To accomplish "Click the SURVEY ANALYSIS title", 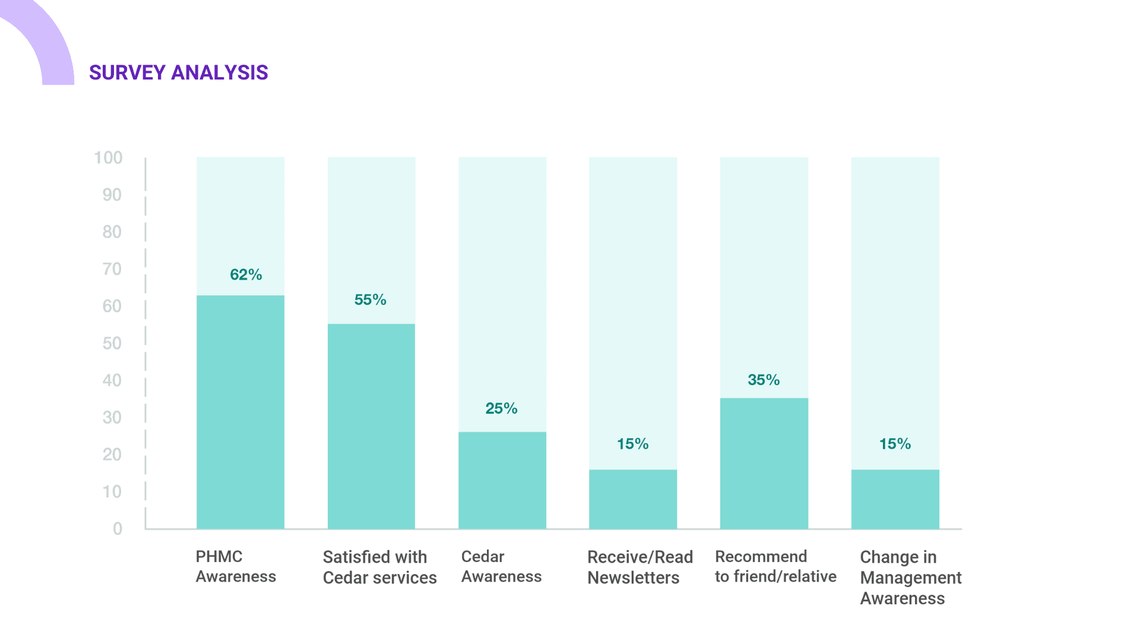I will (x=178, y=72).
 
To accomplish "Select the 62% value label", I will (x=246, y=275).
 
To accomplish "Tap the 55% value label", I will (x=370, y=300).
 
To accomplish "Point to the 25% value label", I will (x=501, y=408).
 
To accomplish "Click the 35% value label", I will (x=764, y=380).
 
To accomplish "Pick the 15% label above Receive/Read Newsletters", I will (x=632, y=444).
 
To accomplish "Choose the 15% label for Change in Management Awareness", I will (x=895, y=444).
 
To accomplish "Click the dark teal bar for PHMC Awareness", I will (x=240, y=412).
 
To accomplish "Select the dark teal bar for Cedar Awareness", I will (x=502, y=480).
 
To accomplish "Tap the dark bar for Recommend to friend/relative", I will (x=764, y=463).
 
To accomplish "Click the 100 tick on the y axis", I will (x=108, y=158).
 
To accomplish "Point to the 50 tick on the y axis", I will (x=112, y=344).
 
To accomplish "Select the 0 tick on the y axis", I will (x=118, y=529).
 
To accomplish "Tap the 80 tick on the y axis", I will (x=112, y=232).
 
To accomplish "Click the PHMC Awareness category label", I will (x=236, y=567).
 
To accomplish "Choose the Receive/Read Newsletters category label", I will (x=639, y=567).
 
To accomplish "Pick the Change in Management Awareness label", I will (x=910, y=577).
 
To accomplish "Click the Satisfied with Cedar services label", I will (x=379, y=567).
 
